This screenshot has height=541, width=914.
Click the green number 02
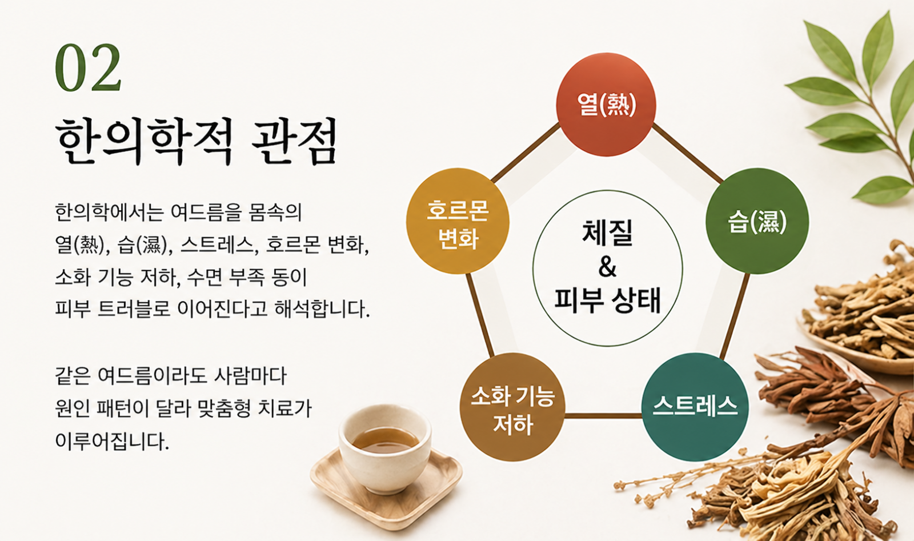click(88, 67)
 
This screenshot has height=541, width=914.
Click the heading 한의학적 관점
click(197, 141)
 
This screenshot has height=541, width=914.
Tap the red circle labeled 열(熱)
click(606, 105)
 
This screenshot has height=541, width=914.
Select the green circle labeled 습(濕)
click(757, 221)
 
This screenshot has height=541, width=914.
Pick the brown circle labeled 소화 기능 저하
click(512, 407)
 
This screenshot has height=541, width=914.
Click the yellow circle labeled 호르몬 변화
click(458, 221)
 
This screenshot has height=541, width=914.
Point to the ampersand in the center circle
click(608, 267)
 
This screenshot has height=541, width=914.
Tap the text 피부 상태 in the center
click(608, 300)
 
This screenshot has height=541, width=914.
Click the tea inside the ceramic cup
click(386, 440)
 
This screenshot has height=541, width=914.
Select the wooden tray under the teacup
click(386, 490)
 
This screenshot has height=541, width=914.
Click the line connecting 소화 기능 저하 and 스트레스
click(603, 416)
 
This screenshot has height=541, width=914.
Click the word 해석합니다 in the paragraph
click(322, 309)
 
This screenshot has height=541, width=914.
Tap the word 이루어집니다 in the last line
click(112, 441)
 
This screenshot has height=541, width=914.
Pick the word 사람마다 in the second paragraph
click(251, 375)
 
